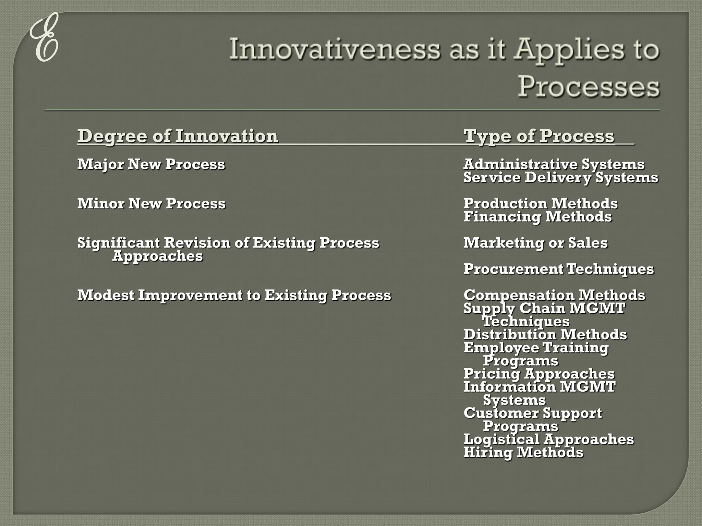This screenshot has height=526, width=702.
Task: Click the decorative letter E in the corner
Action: coord(44,38)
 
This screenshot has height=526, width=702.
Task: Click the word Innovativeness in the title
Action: coord(334,49)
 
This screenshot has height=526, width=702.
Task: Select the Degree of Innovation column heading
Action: coord(178,136)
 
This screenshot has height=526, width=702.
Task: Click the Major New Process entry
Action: coord(151,164)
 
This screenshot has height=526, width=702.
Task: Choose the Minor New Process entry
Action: coord(151,203)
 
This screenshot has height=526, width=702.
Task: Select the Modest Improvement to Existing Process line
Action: coord(234,295)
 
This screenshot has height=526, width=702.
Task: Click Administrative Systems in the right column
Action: coord(554,164)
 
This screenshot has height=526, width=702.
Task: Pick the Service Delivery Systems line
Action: coord(561,177)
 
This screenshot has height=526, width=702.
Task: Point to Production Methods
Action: coord(541,203)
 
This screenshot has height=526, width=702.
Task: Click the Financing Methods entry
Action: coord(537,217)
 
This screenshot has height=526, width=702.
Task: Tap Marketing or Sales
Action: coord(535,243)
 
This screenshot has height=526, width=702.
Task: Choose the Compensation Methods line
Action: coord(554,295)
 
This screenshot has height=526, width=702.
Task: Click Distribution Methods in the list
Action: coord(545,335)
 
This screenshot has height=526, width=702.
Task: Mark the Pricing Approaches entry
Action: coord(539,374)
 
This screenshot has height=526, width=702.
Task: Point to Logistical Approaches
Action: coord(548,439)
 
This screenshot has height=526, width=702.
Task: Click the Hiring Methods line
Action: coord(523,452)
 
